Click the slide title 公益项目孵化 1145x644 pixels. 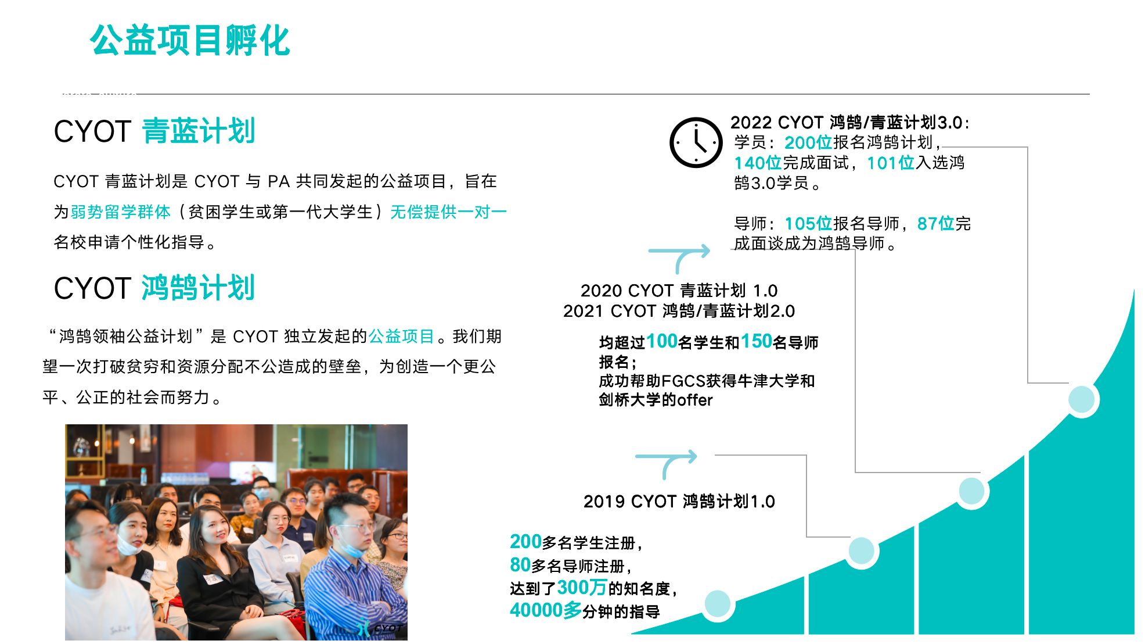point(190,41)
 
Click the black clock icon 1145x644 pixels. point(696,142)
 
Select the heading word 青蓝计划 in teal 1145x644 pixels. point(199,131)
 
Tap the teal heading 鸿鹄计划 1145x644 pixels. point(199,288)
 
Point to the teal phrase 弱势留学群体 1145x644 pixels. point(121,212)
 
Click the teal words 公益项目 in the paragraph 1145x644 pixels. point(401,337)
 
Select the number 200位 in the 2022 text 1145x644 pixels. point(808,142)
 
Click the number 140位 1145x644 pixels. point(758,163)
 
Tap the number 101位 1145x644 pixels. point(891,163)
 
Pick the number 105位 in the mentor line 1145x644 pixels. point(808,224)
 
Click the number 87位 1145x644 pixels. point(936,224)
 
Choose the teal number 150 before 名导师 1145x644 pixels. point(757,341)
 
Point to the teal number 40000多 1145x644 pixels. point(546,610)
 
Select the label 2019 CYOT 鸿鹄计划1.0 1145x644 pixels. point(679,502)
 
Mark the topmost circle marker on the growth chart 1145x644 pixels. point(1081,400)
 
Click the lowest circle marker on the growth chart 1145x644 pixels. point(717,604)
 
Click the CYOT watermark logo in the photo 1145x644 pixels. point(380,628)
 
